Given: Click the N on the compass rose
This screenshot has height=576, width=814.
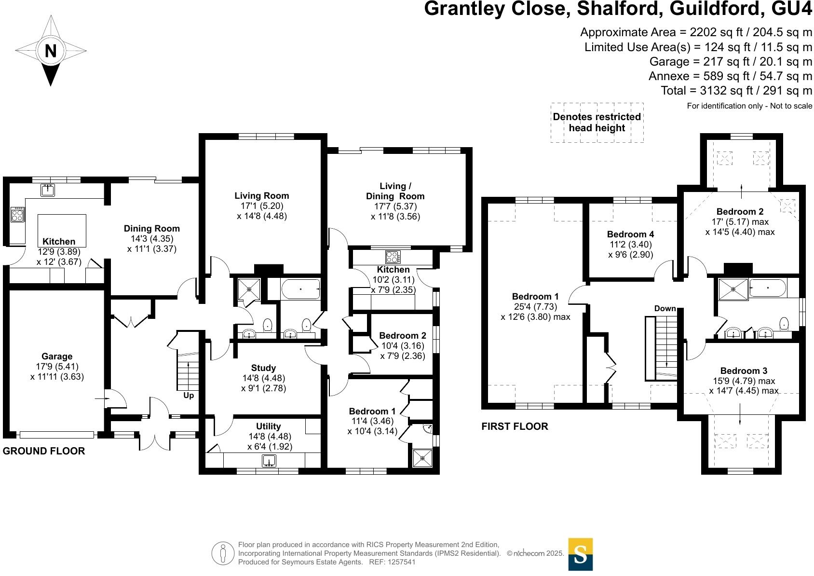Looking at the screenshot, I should [x=51, y=51].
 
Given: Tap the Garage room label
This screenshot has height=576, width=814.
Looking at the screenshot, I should [x=57, y=357].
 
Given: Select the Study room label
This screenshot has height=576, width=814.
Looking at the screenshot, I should [x=263, y=368].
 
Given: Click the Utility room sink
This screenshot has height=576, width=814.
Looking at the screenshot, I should [x=269, y=461].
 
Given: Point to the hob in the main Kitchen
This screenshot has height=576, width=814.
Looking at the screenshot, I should [x=17, y=215].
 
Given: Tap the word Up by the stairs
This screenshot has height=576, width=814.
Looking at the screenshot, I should [x=189, y=396].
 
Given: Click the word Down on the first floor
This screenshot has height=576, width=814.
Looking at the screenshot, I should [x=665, y=308].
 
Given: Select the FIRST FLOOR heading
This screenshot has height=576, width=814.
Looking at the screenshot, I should [x=515, y=426].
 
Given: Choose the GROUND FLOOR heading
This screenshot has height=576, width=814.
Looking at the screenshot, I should [x=44, y=451].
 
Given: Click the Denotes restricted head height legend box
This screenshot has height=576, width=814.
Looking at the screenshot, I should [x=597, y=123].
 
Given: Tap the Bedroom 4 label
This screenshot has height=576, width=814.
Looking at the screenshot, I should [x=630, y=234].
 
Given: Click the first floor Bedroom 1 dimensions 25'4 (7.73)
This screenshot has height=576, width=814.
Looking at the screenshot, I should [x=535, y=307].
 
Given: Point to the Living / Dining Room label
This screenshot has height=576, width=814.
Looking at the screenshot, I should [x=395, y=191].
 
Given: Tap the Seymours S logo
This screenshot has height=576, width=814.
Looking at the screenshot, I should [x=580, y=554].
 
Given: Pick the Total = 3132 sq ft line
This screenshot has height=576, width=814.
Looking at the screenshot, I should [x=736, y=91].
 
